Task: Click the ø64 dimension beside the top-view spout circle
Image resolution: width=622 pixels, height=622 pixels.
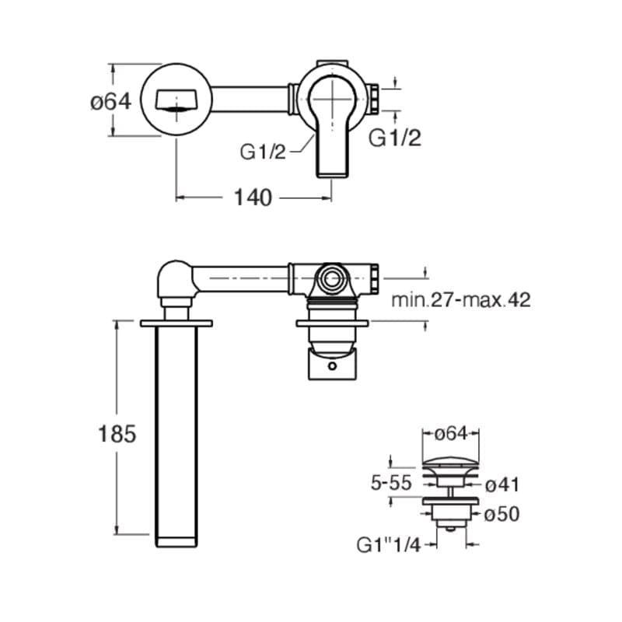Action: click(x=110, y=102)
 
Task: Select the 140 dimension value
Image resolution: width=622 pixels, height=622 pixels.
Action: click(x=253, y=197)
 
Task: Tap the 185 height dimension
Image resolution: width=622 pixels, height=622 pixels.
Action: click(x=117, y=434)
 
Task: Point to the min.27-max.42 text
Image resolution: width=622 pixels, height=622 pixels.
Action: click(x=460, y=300)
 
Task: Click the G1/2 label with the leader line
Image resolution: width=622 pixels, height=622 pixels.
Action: click(x=263, y=152)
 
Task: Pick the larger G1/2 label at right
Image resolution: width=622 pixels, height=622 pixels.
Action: click(x=394, y=138)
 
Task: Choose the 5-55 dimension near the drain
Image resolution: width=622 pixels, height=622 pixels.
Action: click(x=391, y=483)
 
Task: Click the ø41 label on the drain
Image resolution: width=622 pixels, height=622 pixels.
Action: click(x=502, y=484)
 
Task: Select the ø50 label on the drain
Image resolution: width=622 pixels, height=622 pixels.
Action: click(x=501, y=515)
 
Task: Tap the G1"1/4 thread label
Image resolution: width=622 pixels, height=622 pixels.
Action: click(x=388, y=545)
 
